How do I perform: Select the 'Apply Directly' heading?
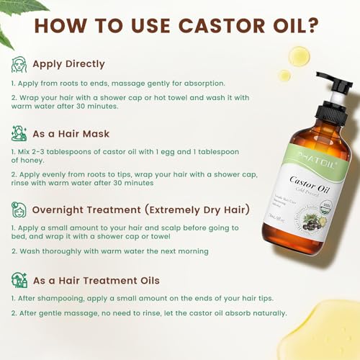68,64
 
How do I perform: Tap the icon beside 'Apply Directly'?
19,64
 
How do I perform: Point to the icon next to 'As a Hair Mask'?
19,132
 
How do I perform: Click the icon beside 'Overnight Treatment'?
19,210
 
